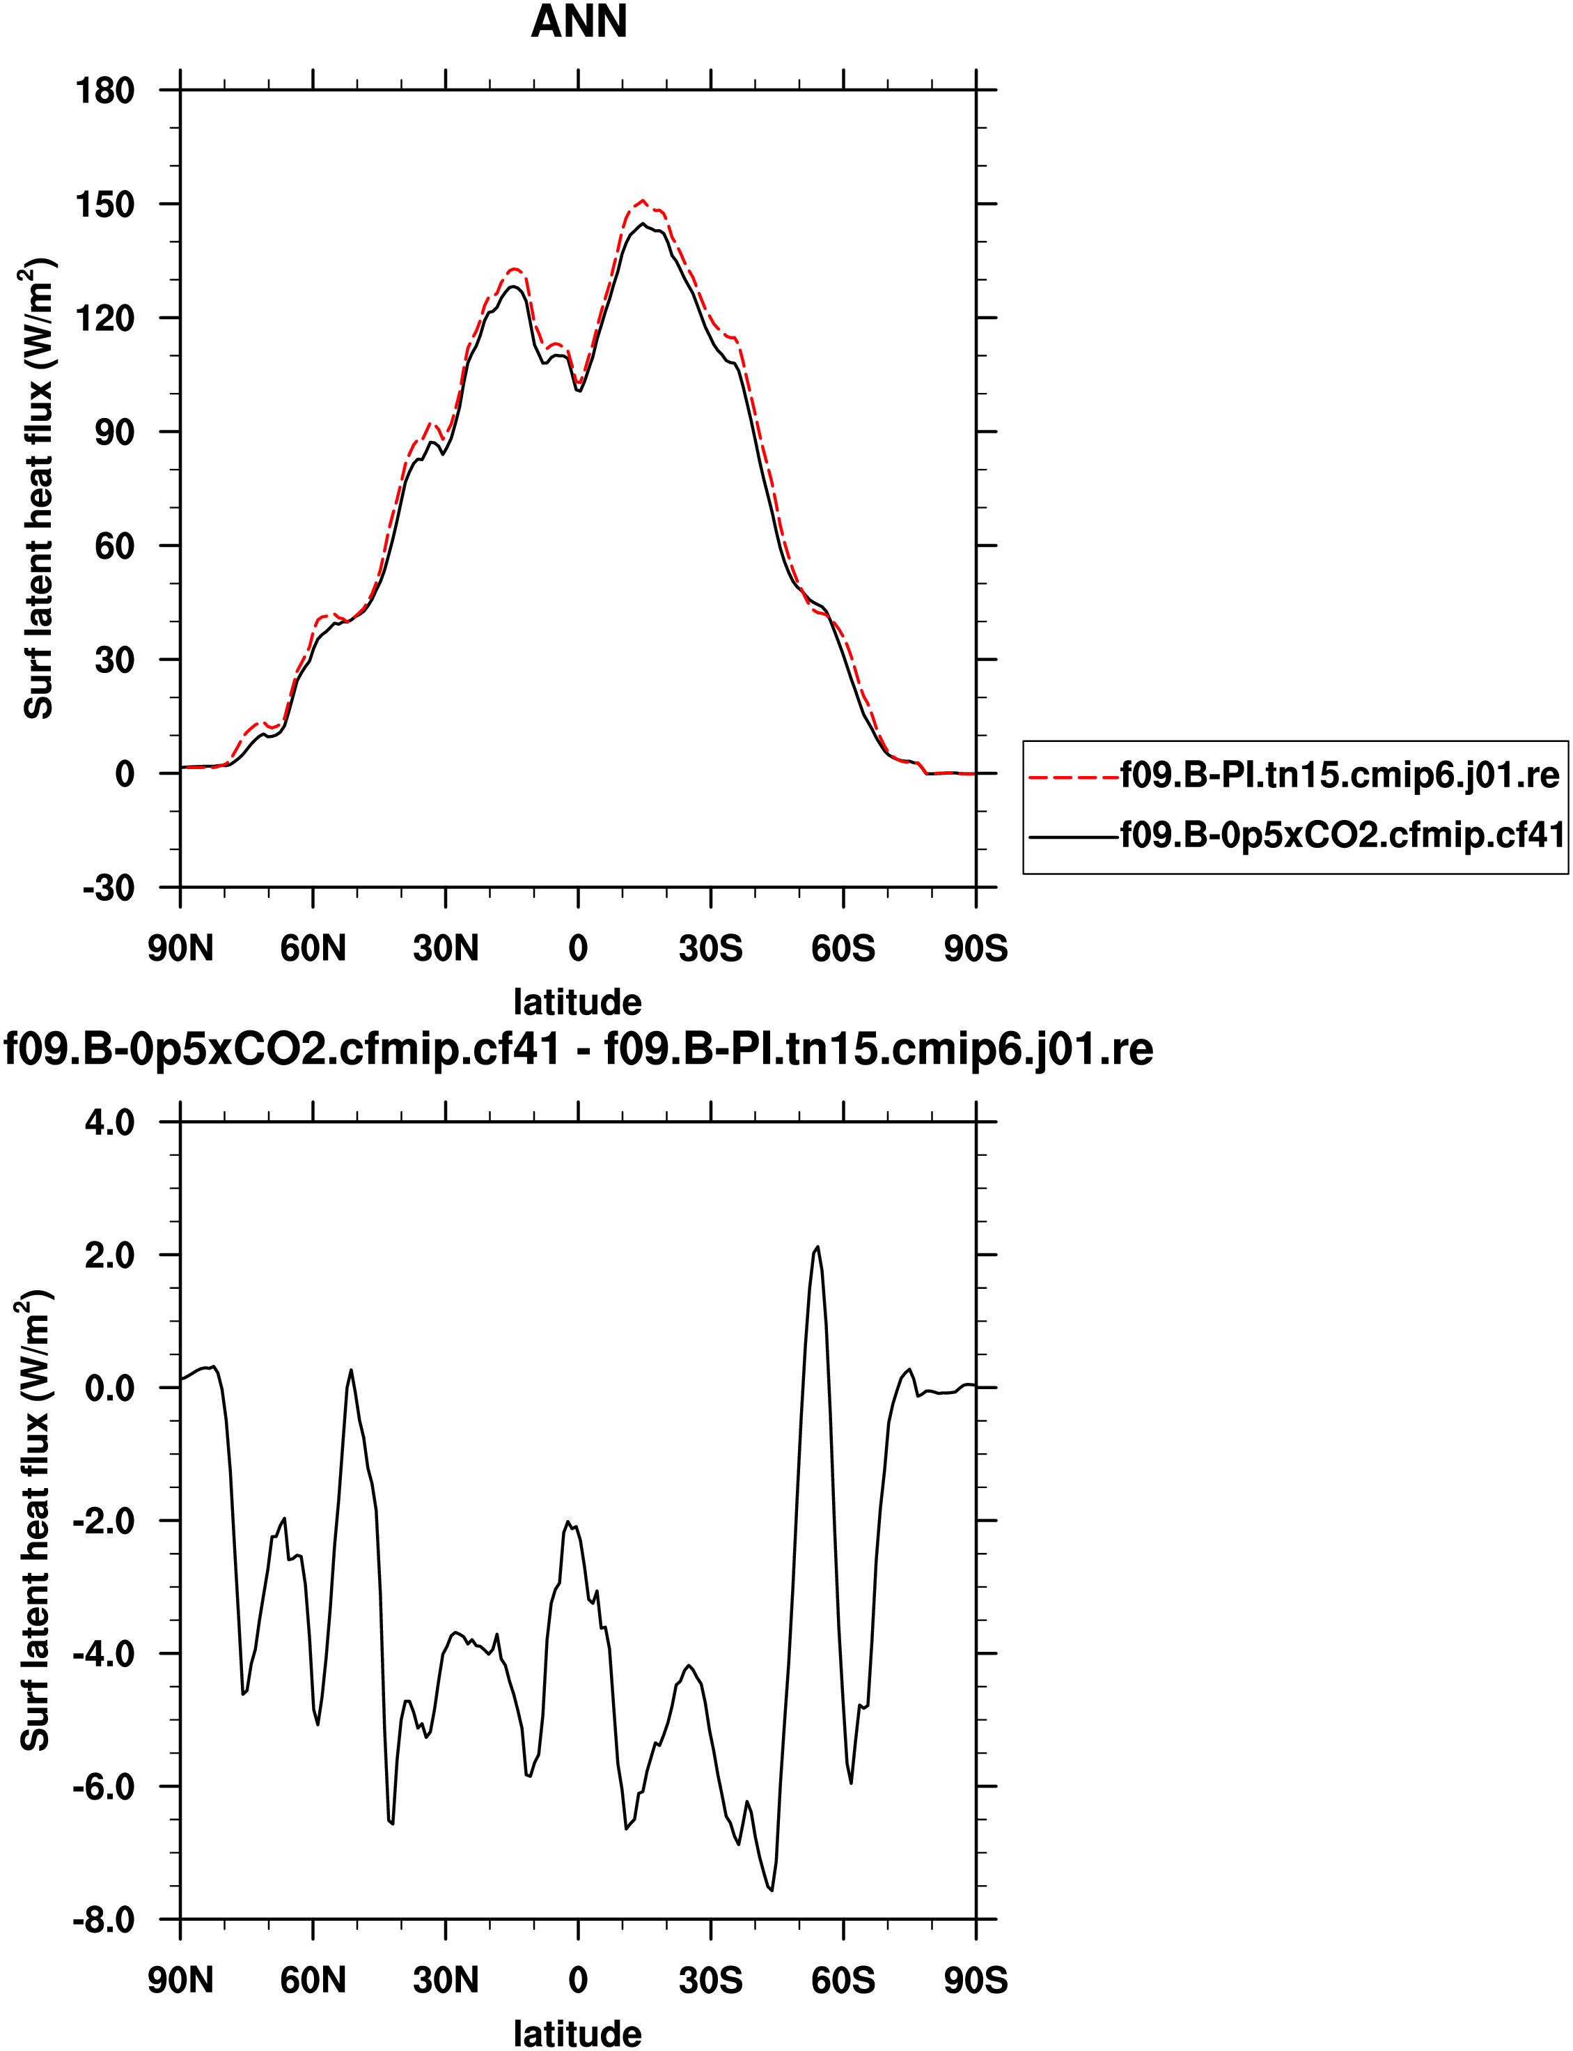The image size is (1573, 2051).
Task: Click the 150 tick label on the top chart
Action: point(105,204)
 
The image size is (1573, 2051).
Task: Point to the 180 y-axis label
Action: point(105,91)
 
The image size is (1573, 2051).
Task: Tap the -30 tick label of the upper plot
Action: point(109,888)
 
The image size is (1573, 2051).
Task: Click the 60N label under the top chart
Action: point(313,949)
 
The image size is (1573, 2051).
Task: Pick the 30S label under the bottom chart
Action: point(711,1980)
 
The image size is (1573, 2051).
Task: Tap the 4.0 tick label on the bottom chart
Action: point(109,1122)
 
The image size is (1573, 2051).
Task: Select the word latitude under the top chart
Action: point(578,1002)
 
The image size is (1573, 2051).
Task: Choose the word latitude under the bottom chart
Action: point(578,2033)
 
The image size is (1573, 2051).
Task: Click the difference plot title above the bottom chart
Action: point(579,1049)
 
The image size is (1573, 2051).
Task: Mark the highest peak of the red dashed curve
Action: point(642,201)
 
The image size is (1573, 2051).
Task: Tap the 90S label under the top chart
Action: point(976,949)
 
